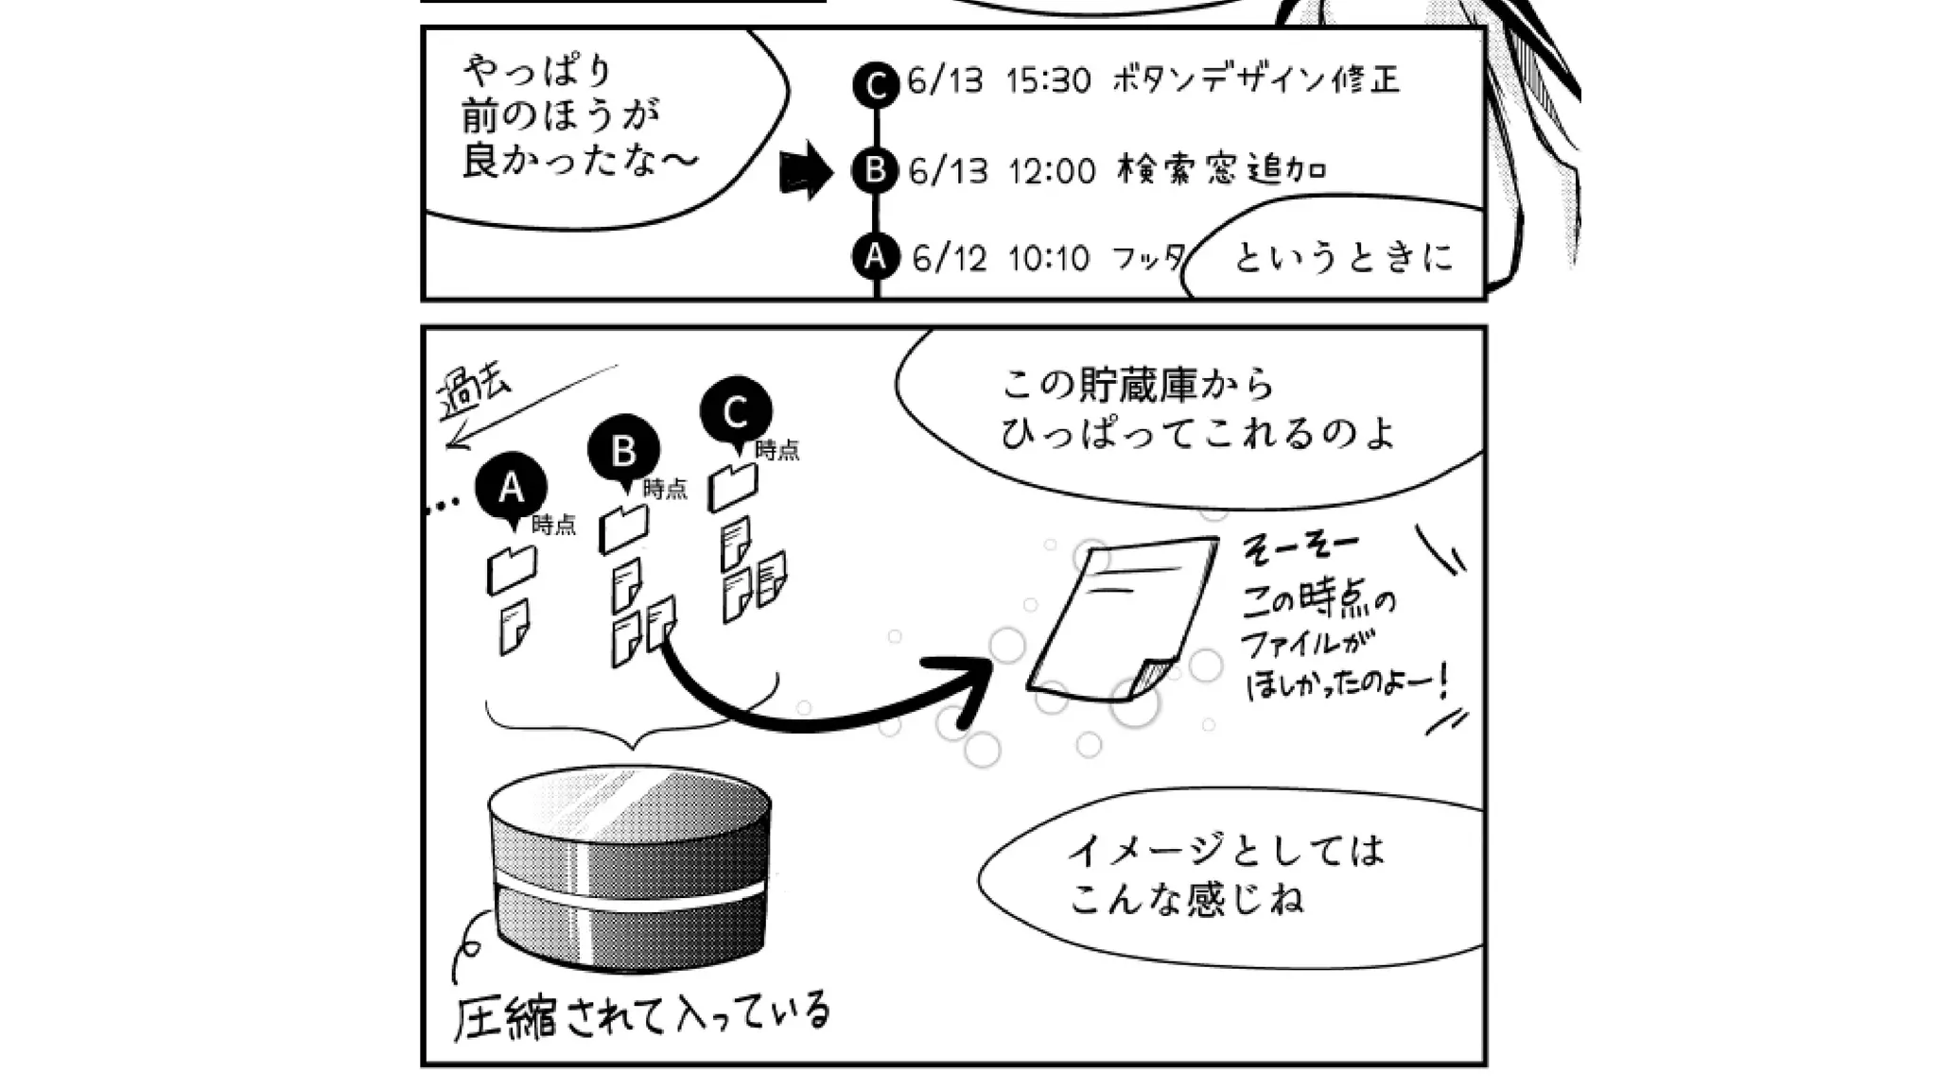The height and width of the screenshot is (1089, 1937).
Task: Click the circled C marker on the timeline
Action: [875, 85]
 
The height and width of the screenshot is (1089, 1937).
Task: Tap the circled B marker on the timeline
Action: [875, 170]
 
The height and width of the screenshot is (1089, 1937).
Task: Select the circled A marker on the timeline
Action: [875, 256]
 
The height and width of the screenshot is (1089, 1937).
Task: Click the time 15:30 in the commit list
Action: [1048, 80]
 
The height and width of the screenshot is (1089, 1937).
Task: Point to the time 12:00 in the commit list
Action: [1051, 171]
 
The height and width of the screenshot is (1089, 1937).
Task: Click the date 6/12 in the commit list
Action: [949, 258]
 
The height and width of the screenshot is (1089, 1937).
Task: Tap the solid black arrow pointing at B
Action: [804, 171]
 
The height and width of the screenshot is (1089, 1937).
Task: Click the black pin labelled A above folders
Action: [512, 489]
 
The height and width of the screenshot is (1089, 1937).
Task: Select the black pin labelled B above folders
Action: [623, 452]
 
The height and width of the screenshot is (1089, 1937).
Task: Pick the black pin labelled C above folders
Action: [736, 413]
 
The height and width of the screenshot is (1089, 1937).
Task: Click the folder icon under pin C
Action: [733, 486]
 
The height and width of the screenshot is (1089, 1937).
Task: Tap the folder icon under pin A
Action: [511, 569]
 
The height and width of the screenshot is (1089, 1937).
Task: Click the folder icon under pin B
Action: [623, 528]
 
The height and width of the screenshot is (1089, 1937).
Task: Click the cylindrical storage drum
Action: [629, 865]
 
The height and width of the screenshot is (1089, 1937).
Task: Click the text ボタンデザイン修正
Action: [1255, 79]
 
